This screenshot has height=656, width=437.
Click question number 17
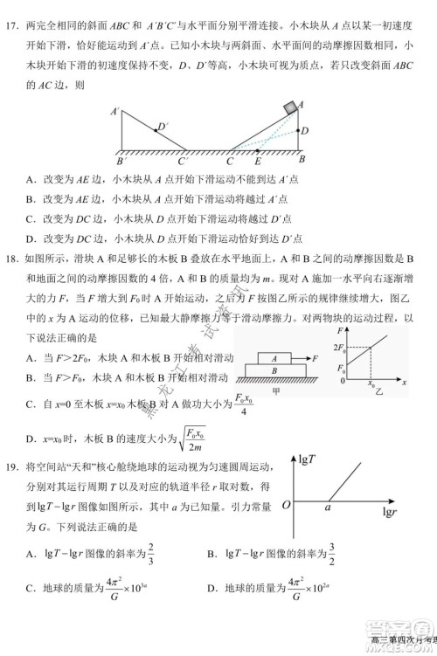[13, 20]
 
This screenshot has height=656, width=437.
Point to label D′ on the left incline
[162, 128]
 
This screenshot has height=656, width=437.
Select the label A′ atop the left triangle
[114, 112]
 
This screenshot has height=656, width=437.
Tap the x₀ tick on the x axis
[371, 383]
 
